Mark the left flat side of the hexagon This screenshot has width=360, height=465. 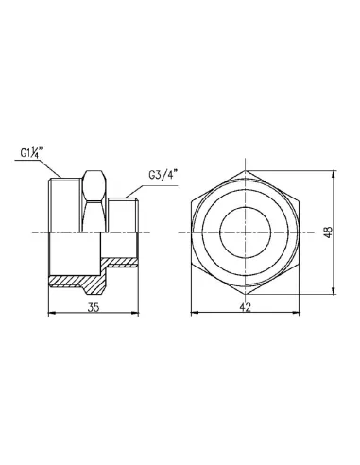click(x=194, y=232)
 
